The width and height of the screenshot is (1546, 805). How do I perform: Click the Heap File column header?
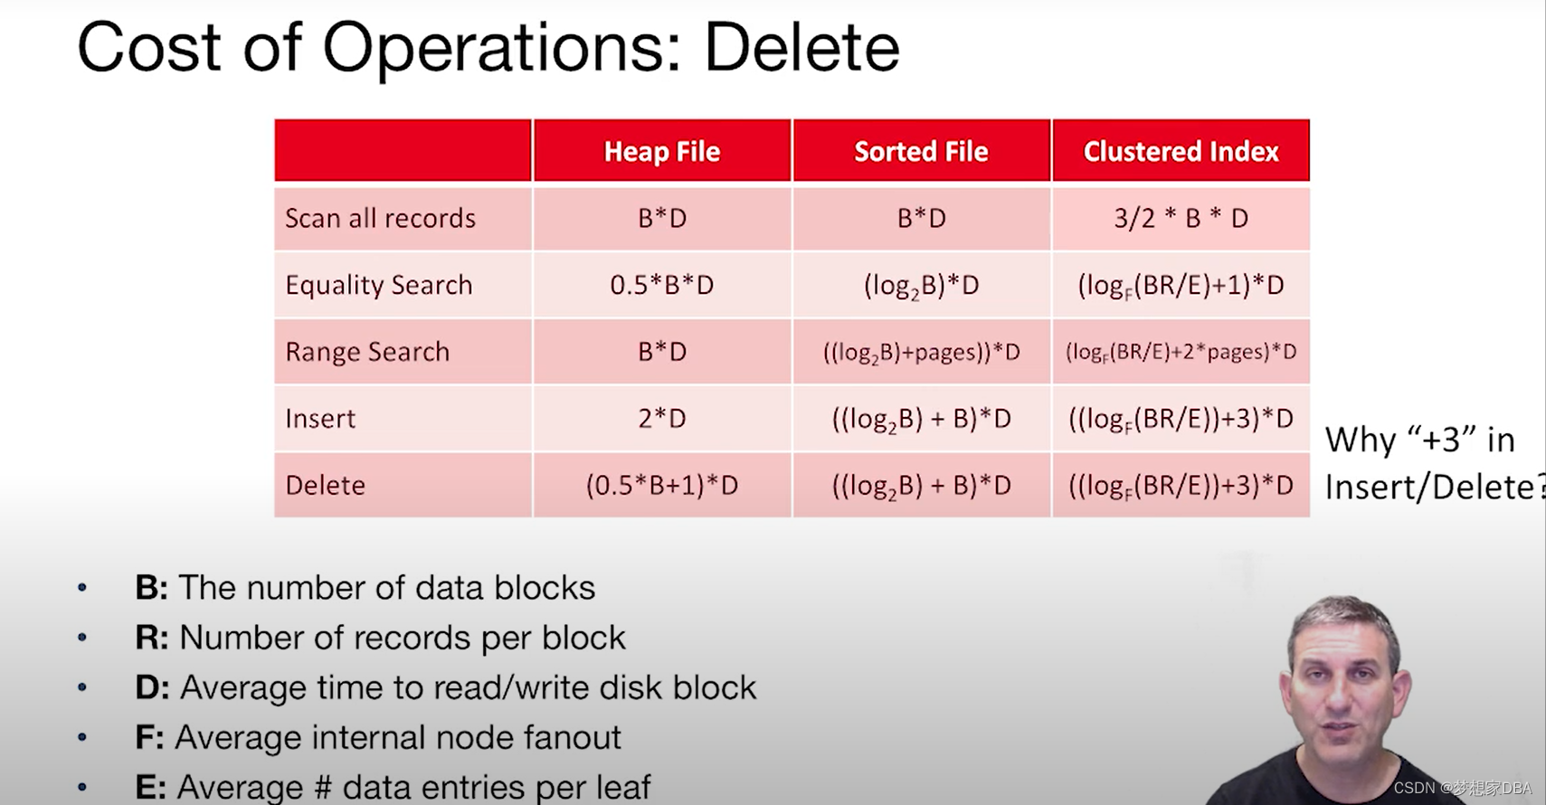662,152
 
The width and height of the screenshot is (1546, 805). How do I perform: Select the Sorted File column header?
922,152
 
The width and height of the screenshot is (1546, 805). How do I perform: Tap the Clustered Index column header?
1181,152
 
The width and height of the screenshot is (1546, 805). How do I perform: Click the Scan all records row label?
380,218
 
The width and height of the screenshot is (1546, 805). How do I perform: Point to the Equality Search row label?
379,285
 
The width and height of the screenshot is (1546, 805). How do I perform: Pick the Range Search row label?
367,352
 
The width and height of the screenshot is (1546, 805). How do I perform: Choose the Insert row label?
320,418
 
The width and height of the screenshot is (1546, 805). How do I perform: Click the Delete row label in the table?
325,485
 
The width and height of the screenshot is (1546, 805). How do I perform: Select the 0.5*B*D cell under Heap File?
662,285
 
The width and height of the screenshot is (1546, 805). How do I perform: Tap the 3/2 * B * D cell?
1181,218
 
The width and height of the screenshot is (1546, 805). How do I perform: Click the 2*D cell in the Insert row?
662,418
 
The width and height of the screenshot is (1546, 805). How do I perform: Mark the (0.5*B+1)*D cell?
662,485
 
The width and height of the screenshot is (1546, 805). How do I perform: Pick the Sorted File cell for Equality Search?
922,286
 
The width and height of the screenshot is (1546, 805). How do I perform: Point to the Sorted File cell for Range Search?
922,353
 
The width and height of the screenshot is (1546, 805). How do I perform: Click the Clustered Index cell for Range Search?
1181,352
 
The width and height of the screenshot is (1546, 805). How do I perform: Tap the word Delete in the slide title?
802,47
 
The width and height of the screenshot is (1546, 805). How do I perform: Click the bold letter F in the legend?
148,736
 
